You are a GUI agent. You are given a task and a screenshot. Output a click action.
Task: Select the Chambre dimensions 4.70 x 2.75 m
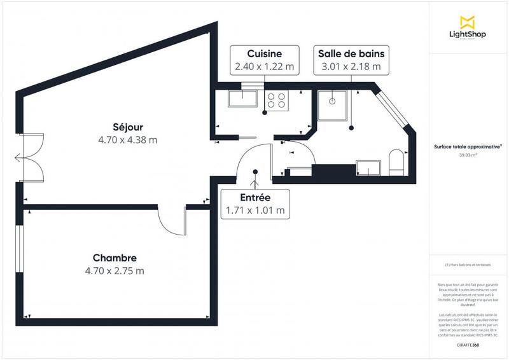click(115, 270)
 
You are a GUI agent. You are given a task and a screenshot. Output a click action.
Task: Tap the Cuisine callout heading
click(263, 53)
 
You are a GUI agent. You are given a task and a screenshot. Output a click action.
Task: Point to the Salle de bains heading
click(351, 53)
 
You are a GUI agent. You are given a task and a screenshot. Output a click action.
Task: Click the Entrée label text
click(254, 198)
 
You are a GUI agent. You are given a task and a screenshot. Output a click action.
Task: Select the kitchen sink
click(242, 99)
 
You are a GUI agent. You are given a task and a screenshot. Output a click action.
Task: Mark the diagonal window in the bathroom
click(392, 109)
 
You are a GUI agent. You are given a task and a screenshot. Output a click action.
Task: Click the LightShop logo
click(468, 28)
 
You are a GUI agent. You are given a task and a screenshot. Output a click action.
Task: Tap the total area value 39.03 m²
click(468, 155)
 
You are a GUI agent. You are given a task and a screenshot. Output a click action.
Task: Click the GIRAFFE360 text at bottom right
click(468, 344)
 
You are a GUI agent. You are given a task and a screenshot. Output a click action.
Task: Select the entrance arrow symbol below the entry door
click(254, 184)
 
